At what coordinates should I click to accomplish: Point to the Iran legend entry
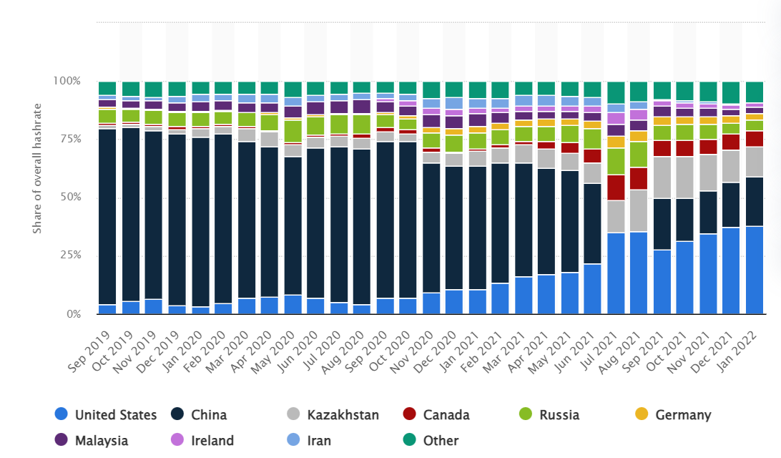coord(318,440)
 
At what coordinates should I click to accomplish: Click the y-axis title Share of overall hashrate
coord(37,198)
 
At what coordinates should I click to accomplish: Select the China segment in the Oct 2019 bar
coord(130,215)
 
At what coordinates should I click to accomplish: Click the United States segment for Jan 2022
coord(754,271)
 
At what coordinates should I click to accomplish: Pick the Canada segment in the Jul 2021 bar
coord(616,187)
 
